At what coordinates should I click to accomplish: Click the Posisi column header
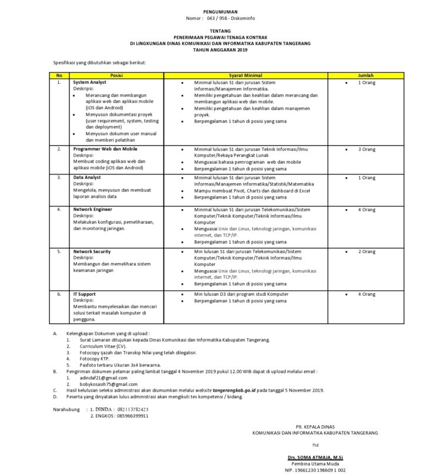[116, 76]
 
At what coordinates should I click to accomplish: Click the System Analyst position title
[90, 83]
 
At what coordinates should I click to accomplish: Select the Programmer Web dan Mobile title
[105, 149]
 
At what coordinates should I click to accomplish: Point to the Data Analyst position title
[87, 177]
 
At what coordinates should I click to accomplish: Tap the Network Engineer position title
[93, 209]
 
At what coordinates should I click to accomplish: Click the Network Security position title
[92, 251]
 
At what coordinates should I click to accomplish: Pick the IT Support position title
[85, 294]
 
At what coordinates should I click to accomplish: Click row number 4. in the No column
[59, 209]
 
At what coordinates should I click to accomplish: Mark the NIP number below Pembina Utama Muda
[315, 470]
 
